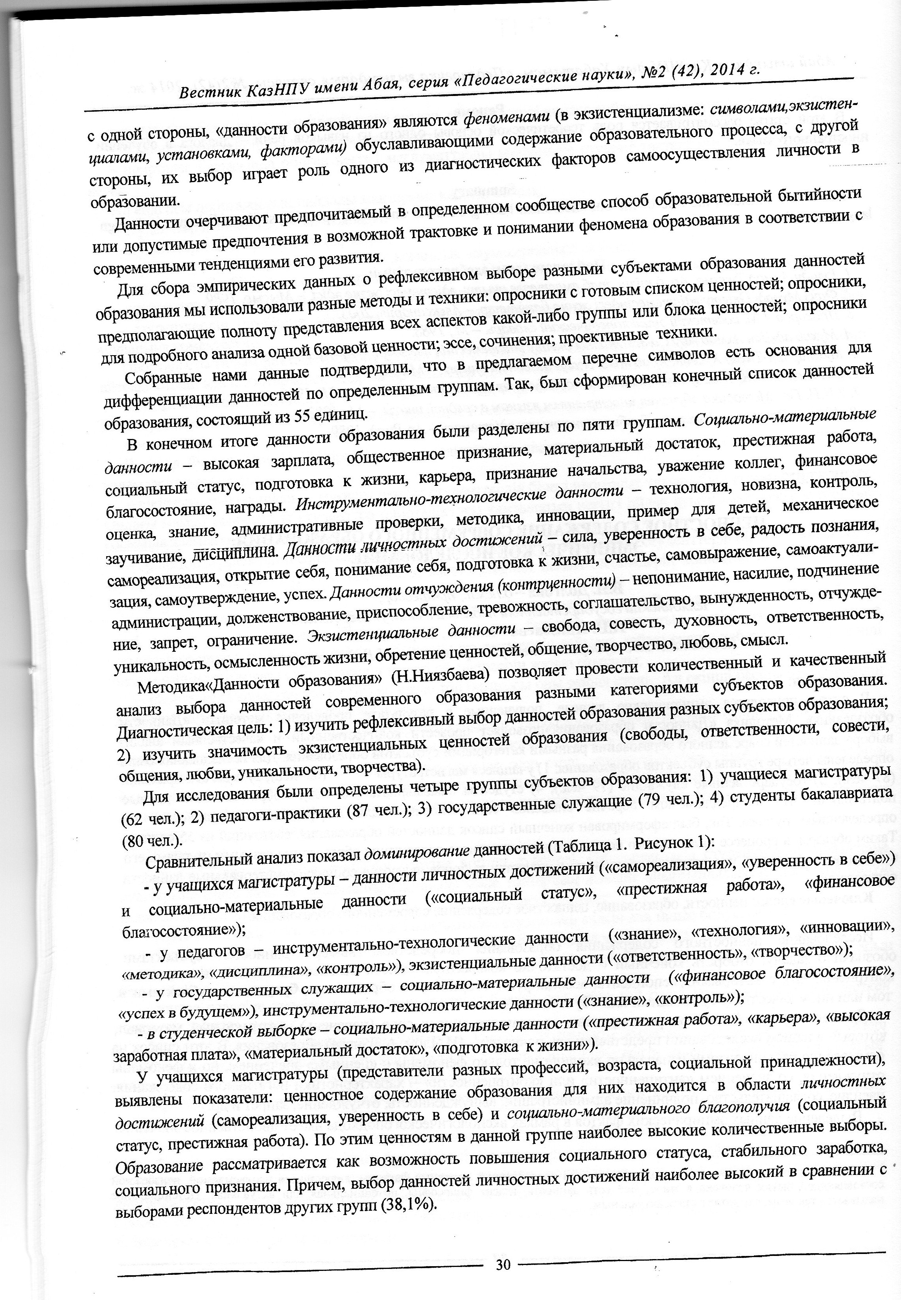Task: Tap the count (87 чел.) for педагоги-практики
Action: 376,809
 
